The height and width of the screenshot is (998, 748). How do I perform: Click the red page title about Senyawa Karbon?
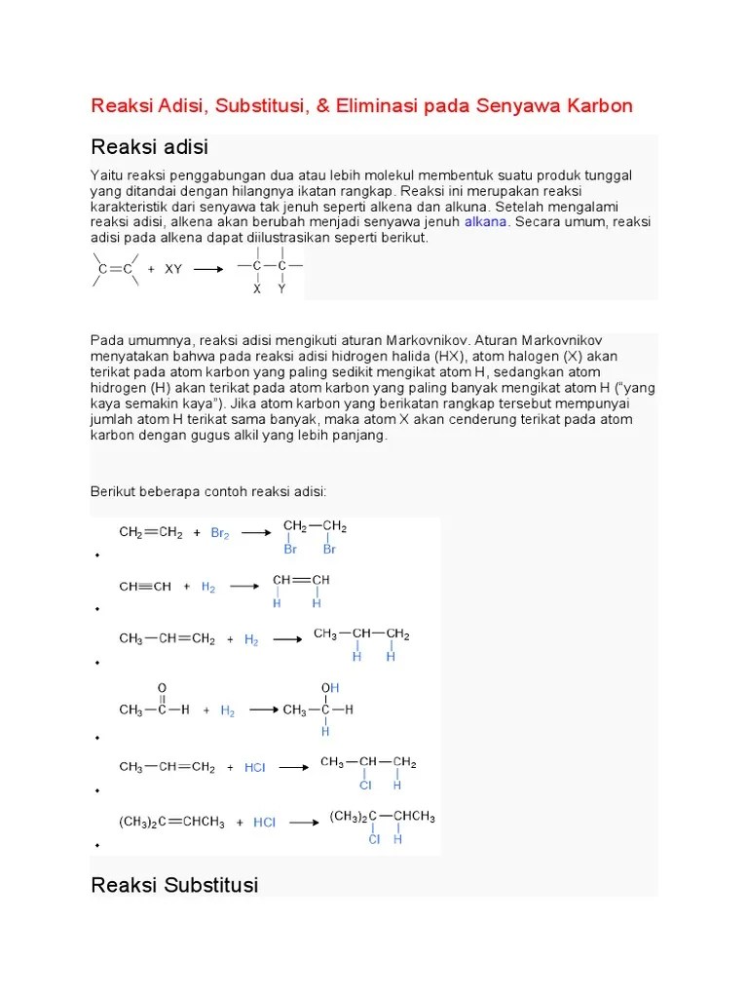[x=361, y=105]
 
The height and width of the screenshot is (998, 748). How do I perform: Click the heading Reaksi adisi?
[x=149, y=147]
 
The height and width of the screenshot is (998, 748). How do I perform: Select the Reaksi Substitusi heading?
[x=174, y=885]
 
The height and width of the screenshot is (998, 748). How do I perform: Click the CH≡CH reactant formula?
[x=145, y=587]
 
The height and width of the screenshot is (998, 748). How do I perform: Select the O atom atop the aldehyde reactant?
[x=162, y=687]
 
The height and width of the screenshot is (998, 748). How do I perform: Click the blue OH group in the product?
[x=329, y=688]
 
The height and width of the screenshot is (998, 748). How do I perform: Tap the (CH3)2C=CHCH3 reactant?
[x=172, y=823]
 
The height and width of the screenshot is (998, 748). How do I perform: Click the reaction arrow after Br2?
[x=255, y=533]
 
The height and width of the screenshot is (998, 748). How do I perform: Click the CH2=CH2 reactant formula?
[x=151, y=533]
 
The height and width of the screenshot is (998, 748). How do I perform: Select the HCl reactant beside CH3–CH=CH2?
[x=254, y=767]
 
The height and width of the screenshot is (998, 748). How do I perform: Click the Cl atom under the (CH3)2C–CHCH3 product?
[x=374, y=838]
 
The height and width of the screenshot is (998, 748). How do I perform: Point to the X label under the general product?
[x=257, y=288]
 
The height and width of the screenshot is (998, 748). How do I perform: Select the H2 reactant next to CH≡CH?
[x=208, y=587]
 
